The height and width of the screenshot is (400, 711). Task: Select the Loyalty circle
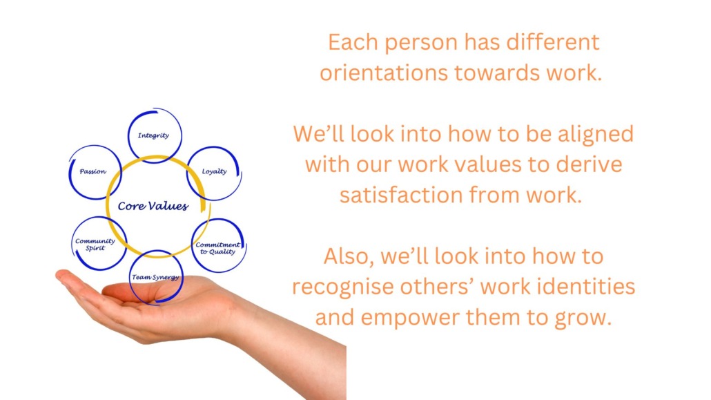[214, 171]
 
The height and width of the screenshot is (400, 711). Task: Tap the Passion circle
[95, 171]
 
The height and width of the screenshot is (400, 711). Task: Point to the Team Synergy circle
[156, 278]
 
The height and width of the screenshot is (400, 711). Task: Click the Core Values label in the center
[153, 207]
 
